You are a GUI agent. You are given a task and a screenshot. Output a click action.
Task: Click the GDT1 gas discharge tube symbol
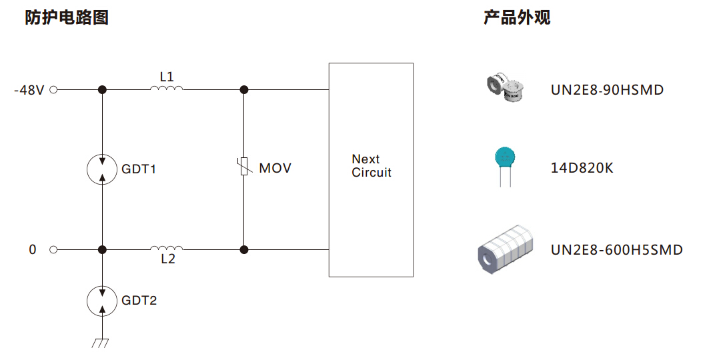coord(102,169)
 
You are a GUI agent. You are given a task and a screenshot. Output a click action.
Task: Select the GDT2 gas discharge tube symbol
coord(102,301)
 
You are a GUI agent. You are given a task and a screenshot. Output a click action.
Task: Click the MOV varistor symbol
coord(244,167)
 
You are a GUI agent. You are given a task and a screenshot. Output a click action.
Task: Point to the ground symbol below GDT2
coord(101,343)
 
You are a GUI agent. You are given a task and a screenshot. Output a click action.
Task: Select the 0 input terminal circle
coord(53,250)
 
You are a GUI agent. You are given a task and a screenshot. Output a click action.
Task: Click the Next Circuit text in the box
coord(371,166)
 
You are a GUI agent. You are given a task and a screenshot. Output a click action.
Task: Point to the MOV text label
coord(275,168)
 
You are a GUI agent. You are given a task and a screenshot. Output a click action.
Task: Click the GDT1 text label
coord(139,169)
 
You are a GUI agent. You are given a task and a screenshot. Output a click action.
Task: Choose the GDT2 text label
coord(139,301)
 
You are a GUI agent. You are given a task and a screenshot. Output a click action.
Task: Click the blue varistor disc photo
coord(506,161)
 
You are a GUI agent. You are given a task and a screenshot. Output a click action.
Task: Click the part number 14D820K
coord(582,168)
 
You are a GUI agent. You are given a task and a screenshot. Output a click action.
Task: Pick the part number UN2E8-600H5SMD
coord(616,250)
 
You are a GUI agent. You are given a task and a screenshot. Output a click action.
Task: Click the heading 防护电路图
coord(67,18)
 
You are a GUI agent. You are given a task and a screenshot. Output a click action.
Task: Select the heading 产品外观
coord(517,18)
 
